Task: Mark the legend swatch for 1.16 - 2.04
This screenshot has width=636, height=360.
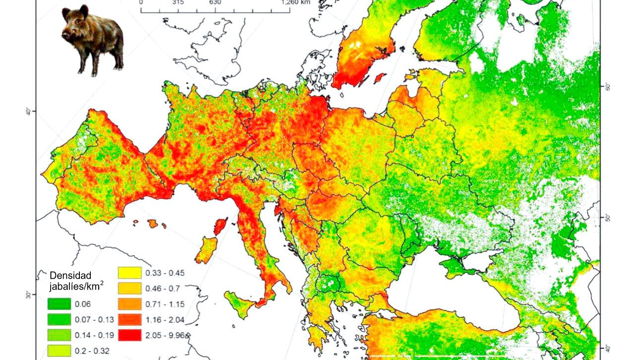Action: (x=128, y=319)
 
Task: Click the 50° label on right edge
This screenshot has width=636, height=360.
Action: (x=608, y=218)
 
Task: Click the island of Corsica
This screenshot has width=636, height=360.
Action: (x=220, y=227)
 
